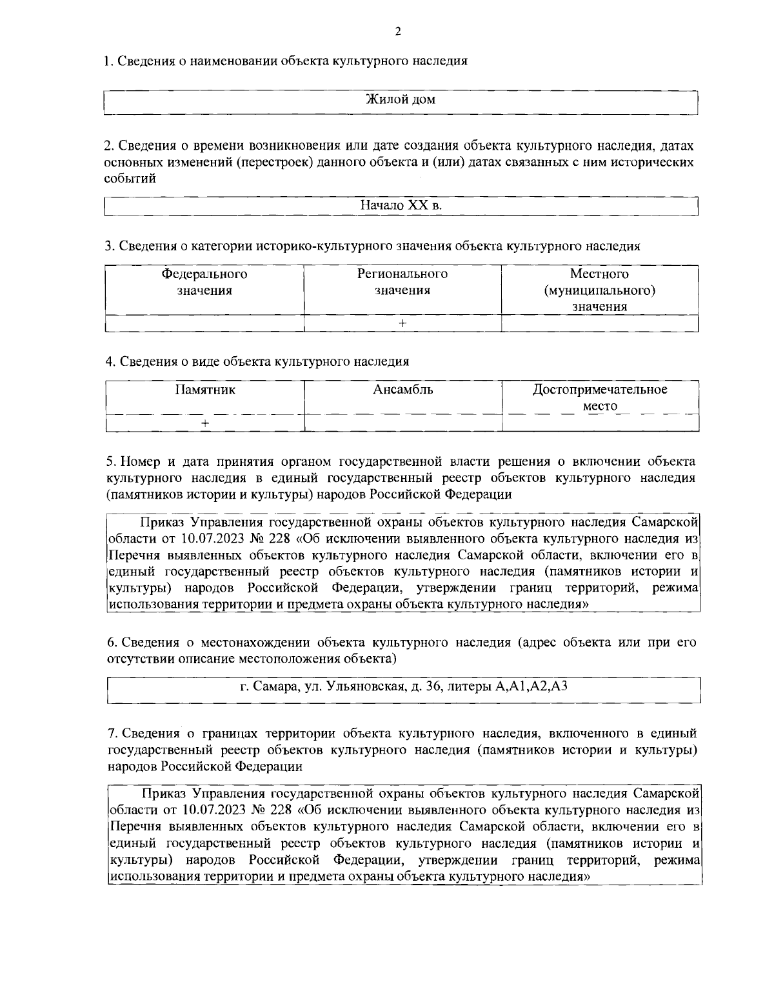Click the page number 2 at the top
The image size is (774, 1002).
397,31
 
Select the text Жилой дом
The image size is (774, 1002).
401,99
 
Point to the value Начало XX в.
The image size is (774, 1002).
401,205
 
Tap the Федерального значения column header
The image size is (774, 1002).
204,282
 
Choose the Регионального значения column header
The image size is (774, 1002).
402,282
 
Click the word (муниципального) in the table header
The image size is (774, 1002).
600,290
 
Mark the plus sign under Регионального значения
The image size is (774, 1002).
402,323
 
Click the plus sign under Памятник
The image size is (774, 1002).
204,423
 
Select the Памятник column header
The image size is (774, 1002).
204,390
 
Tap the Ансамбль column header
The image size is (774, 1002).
402,390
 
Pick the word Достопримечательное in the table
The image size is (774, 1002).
600,390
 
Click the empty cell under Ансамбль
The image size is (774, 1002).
402,423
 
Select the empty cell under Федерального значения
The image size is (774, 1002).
204,323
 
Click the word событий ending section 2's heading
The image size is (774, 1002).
130,179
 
